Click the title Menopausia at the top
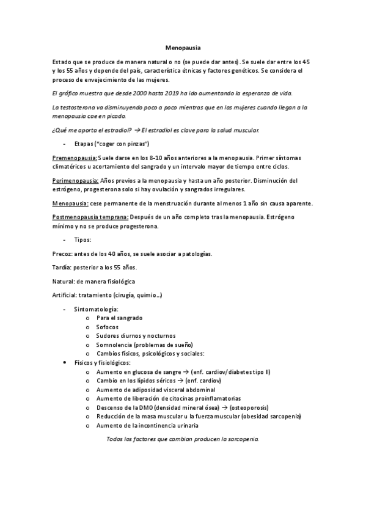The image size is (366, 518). (183, 47)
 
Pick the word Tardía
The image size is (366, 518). (62, 268)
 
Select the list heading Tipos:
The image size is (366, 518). (82, 240)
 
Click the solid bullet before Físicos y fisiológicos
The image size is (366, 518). (66, 363)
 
